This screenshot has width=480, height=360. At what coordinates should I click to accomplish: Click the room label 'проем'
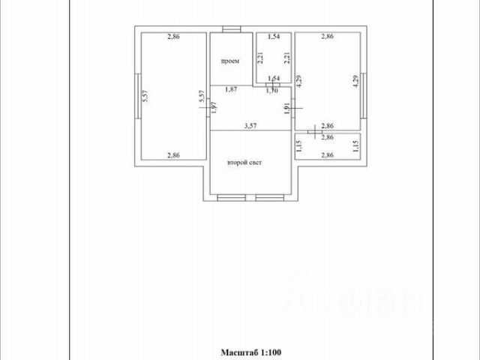pyautogui.click(x=229, y=61)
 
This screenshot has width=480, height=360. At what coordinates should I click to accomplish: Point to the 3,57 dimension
pyautogui.click(x=249, y=126)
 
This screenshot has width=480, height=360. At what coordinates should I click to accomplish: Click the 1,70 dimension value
pyautogui.click(x=273, y=91)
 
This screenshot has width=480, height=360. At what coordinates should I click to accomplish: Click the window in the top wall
pyautogui.click(x=232, y=30)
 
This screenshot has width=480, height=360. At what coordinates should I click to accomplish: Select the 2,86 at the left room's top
pyautogui.click(x=173, y=37)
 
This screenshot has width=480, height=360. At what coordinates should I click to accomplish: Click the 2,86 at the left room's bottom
pyautogui.click(x=173, y=155)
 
